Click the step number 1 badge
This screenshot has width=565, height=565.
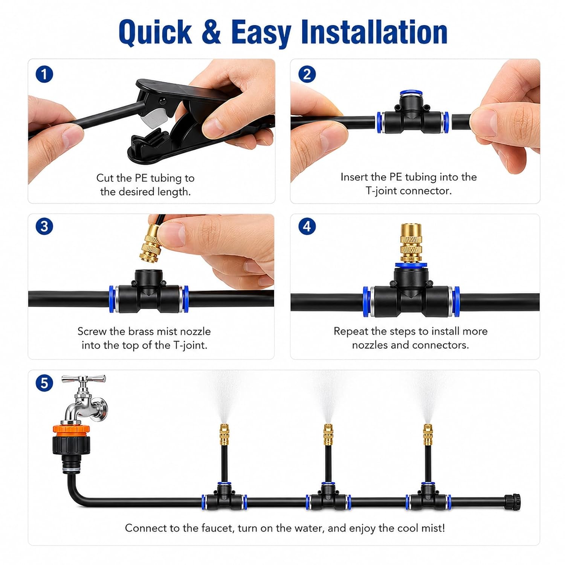[44, 74]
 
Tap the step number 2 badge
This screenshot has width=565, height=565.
[307, 74]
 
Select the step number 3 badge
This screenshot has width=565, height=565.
[44, 226]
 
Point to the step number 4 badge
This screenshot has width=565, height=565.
[307, 226]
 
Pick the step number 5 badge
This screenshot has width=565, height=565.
[44, 383]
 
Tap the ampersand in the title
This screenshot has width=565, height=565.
[211, 32]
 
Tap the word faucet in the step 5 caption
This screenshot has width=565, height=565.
[215, 528]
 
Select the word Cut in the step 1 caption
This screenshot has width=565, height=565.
[104, 178]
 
